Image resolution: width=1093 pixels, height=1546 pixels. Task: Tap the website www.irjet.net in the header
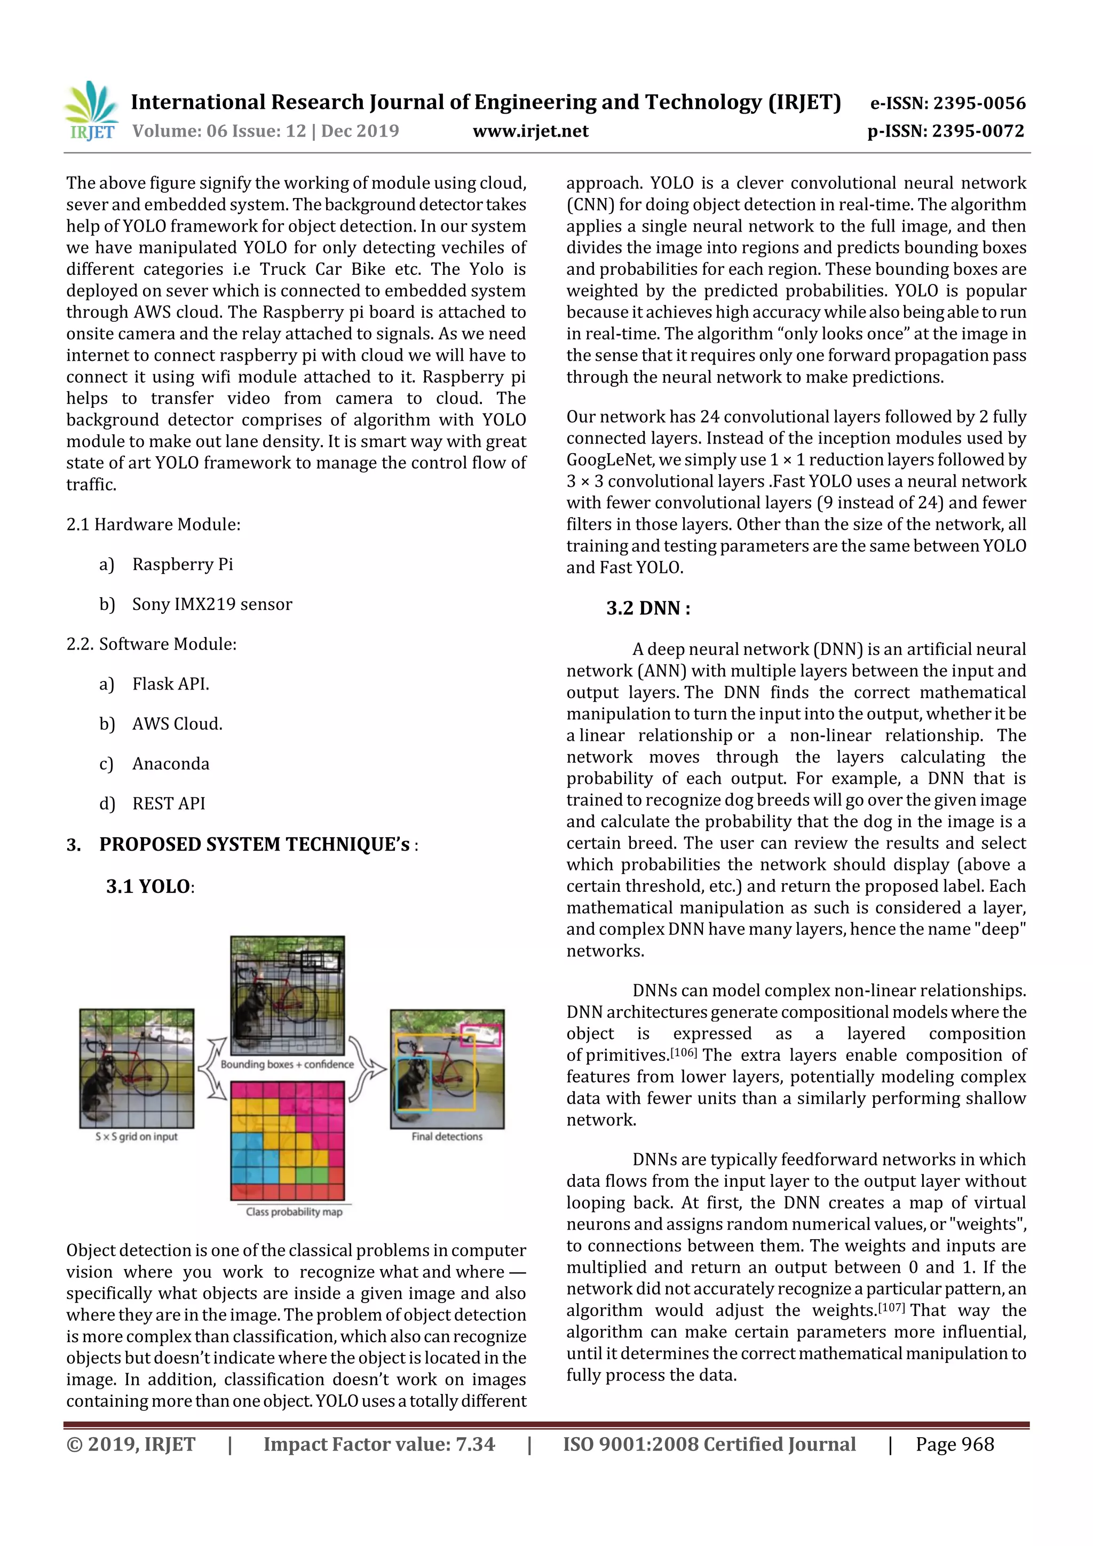coord(530,131)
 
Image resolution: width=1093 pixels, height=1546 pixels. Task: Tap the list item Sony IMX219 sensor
coord(212,604)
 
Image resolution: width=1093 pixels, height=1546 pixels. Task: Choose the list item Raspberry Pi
coord(183,564)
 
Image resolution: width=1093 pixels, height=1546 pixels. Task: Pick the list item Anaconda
coord(171,764)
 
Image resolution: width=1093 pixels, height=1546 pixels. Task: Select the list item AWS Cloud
coord(177,724)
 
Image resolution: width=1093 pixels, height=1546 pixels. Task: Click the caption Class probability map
coord(294,1212)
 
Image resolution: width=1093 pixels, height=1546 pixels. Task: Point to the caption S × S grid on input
coord(136,1137)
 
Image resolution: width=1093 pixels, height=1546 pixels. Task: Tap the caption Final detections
coord(447,1137)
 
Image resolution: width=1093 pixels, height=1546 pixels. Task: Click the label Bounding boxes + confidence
coord(287,1065)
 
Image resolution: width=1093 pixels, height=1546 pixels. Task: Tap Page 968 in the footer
coord(954,1444)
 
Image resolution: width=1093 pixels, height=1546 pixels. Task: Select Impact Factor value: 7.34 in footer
coord(378,1444)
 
